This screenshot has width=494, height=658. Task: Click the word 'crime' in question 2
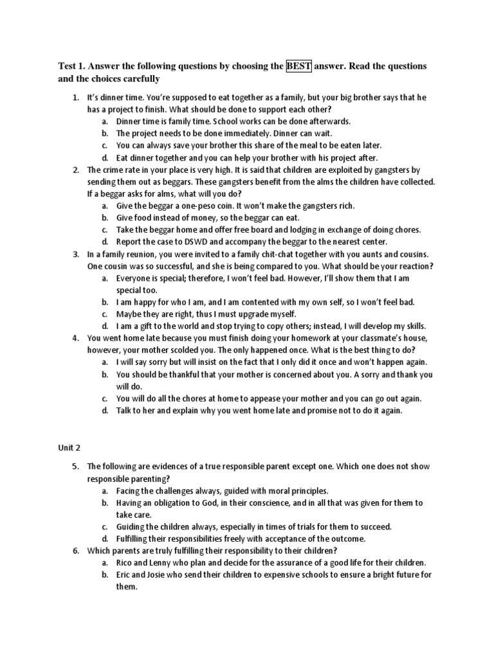point(113,170)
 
